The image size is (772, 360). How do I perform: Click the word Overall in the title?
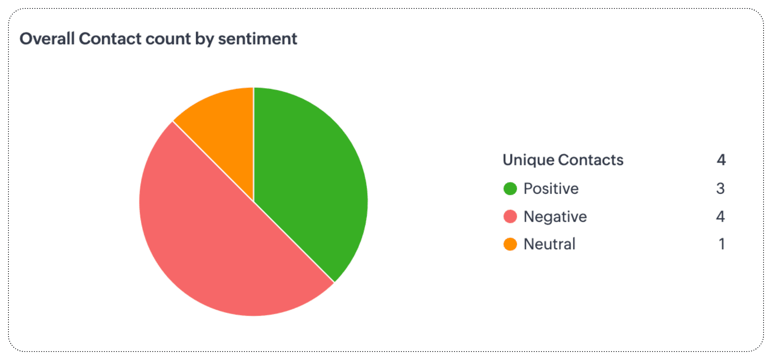pyautogui.click(x=47, y=39)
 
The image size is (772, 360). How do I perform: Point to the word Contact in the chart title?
pyautogui.click(x=110, y=39)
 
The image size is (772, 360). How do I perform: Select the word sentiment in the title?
pyautogui.click(x=258, y=39)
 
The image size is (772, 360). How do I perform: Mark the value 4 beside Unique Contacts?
pyautogui.click(x=721, y=160)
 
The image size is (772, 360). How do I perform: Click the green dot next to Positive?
pyautogui.click(x=510, y=188)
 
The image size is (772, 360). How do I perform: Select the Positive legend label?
pyautogui.click(x=551, y=188)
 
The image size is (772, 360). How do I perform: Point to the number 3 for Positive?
pyautogui.click(x=720, y=188)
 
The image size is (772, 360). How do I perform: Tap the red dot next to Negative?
pyautogui.click(x=510, y=217)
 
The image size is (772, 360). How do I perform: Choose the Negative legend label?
pyautogui.click(x=555, y=217)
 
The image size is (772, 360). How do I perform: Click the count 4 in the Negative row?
pyautogui.click(x=720, y=217)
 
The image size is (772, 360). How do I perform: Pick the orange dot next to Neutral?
pyautogui.click(x=510, y=244)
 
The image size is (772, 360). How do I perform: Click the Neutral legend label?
pyautogui.click(x=549, y=244)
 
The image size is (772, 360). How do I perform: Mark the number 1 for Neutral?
pyautogui.click(x=722, y=244)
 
